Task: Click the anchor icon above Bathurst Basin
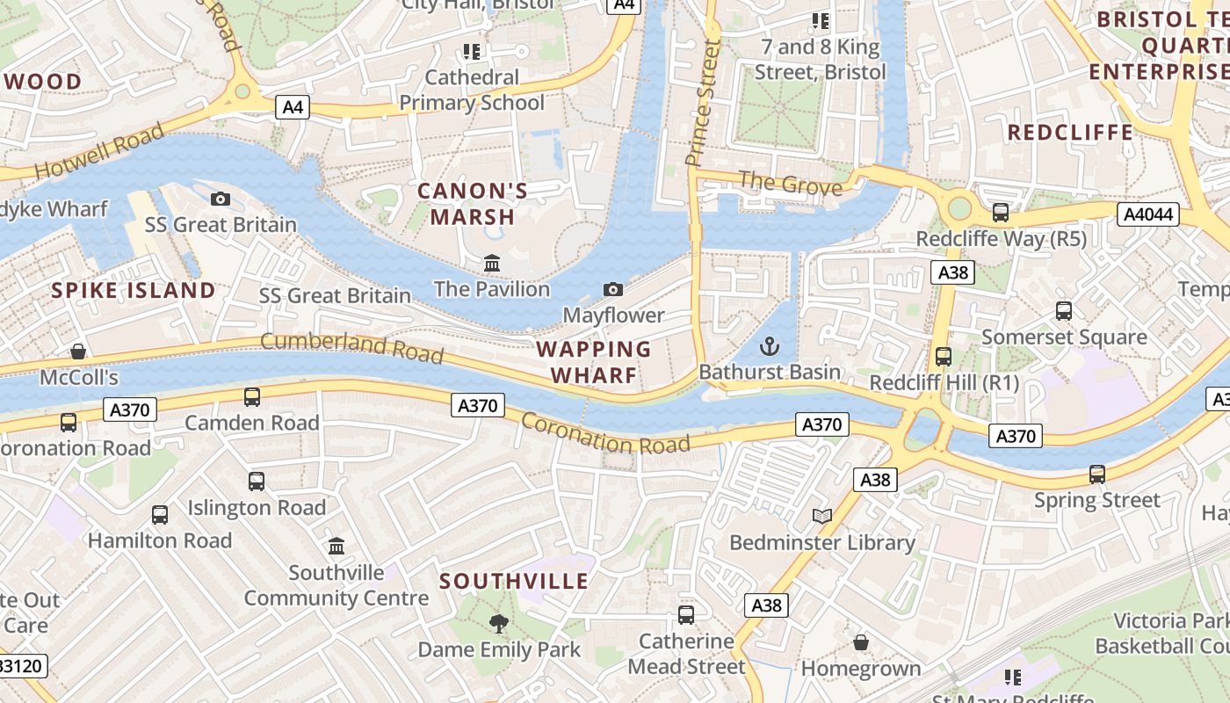coord(769,345)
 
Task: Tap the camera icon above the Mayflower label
coord(613,289)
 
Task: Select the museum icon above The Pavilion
coord(492,263)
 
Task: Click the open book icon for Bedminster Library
coord(822,517)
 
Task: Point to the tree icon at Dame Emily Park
coord(499,624)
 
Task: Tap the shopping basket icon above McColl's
coord(78,351)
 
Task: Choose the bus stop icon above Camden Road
coord(252,397)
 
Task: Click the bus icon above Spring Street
coord(1097,475)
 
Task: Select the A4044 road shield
coord(1147,214)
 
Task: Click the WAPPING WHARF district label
coord(594,362)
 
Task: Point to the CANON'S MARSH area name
coord(473,204)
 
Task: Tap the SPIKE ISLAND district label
coord(133,291)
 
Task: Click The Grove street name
coord(790,184)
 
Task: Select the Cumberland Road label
coord(351,347)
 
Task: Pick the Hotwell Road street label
coord(100,153)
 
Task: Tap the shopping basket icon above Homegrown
coord(861,643)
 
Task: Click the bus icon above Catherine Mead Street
coord(686,615)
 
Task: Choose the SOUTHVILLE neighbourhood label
coord(514,582)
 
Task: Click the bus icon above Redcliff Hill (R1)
coord(944,357)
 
